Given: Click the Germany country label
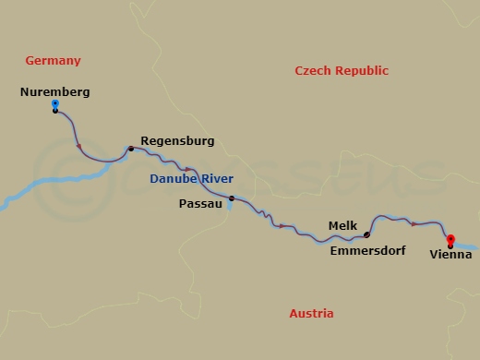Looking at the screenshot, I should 54,61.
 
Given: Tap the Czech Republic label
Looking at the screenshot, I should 341,71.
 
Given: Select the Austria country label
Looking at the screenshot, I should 311,314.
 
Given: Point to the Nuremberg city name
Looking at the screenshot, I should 54,92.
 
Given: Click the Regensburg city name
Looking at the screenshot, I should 177,141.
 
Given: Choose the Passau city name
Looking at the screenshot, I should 200,205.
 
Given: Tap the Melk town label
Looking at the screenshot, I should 342,225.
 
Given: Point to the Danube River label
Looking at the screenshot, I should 192,179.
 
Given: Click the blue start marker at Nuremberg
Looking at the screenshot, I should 55,104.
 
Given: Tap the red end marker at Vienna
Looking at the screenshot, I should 450,239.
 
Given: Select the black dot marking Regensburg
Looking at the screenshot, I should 131,149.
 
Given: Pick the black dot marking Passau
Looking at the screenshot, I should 232,198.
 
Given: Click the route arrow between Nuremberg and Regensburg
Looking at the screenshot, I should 79,146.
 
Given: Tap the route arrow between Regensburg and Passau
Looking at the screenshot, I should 187,169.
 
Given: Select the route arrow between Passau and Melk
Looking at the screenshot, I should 282,226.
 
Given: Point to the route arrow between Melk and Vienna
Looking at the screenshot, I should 414,223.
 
